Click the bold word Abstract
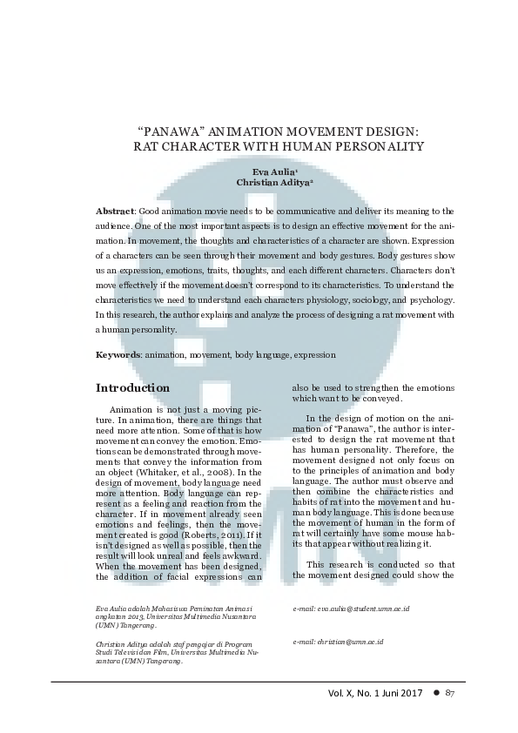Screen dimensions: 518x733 tap(114, 212)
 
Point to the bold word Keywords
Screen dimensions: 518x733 tap(118, 355)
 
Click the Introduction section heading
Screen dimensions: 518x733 tap(132, 387)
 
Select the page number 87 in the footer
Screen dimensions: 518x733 tap(450, 693)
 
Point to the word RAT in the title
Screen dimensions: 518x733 tap(145, 146)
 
